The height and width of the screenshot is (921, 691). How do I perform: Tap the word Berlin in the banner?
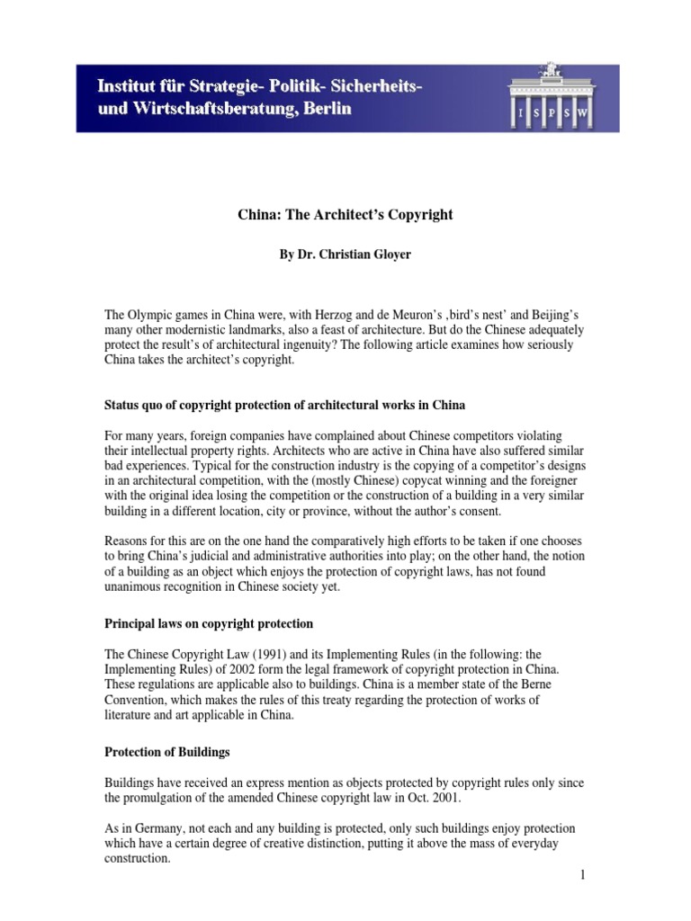[x=322, y=109]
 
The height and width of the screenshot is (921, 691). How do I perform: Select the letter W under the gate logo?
[x=586, y=114]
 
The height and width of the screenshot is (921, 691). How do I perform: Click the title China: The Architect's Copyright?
[x=345, y=215]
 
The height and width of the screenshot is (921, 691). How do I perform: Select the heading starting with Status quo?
[x=284, y=406]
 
